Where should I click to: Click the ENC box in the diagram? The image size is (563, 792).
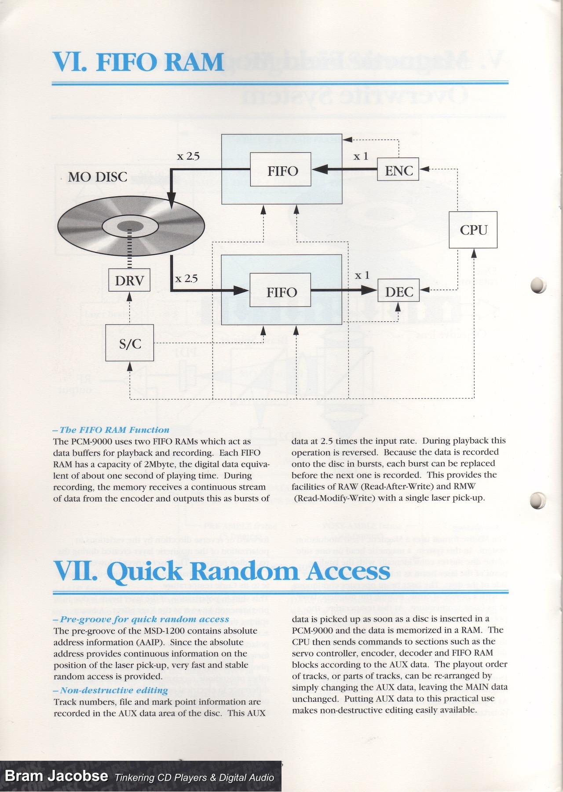click(x=398, y=170)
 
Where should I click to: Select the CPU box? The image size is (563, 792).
click(x=473, y=230)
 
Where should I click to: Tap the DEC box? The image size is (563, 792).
click(x=398, y=291)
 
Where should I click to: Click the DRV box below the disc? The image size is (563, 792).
click(x=129, y=280)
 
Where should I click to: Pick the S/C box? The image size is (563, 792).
click(x=130, y=343)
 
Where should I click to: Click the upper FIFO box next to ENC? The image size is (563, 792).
click(x=281, y=170)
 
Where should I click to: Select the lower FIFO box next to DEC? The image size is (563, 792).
click(x=281, y=291)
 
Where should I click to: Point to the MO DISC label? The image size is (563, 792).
click(x=98, y=177)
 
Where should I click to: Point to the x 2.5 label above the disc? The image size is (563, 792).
click(x=188, y=156)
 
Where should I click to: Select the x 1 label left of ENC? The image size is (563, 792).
click(x=361, y=156)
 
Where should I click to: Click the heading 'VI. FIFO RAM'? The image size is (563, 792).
click(x=139, y=62)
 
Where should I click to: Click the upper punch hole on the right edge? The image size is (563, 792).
click(x=538, y=285)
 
